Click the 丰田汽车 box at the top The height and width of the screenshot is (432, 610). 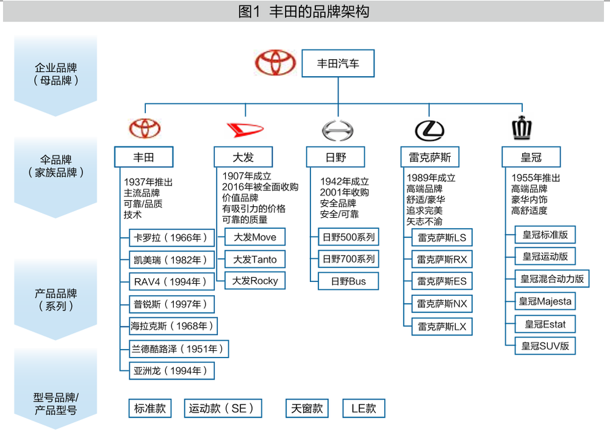point(338,63)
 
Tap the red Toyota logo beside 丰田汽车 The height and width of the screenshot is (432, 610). point(275,63)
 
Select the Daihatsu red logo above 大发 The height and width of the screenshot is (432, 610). point(244,129)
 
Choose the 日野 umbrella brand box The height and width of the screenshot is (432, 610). point(335,157)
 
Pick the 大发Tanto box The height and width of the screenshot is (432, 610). point(254,259)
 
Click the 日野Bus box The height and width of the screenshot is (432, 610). point(348,281)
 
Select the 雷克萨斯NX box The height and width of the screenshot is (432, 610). point(442,304)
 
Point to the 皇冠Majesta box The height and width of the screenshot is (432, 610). point(545,301)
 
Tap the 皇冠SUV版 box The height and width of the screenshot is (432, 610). point(545,346)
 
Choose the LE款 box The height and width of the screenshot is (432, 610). point(364,408)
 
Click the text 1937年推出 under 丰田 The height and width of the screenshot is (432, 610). point(148,182)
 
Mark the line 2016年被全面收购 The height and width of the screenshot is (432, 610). point(260,187)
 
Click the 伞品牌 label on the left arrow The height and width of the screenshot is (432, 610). point(56,160)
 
